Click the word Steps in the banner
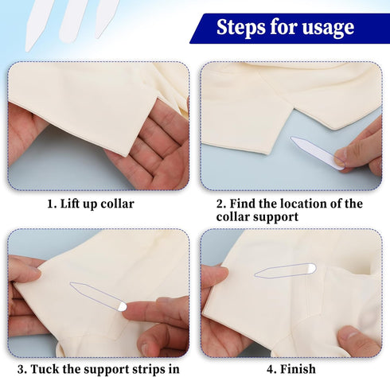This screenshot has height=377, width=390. tap(242, 28)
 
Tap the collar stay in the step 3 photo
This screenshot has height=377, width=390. tap(99, 296)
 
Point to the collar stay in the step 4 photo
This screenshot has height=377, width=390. tap(285, 270)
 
